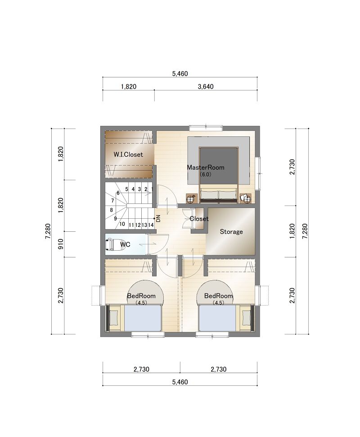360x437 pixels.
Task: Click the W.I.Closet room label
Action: point(128,154)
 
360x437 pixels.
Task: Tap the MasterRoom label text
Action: point(205,167)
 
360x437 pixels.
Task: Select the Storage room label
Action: point(231,232)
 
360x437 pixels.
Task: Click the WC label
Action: point(125,244)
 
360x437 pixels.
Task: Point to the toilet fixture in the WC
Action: point(111,244)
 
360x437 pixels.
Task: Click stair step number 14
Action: point(151,225)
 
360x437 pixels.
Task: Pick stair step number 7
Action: point(112,201)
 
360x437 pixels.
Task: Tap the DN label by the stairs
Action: point(158,219)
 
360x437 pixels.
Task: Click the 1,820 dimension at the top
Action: point(129,87)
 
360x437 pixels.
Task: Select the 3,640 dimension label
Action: point(206,87)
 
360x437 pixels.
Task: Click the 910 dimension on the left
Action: point(61,244)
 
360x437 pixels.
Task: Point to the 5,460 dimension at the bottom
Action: point(180,382)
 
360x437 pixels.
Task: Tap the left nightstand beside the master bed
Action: point(192,199)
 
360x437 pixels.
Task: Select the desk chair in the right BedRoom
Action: point(246,318)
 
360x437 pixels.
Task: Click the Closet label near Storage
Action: point(199,219)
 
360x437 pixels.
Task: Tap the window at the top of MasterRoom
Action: point(206,128)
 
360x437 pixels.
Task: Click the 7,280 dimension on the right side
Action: point(305,231)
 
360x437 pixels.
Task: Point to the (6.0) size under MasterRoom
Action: point(206,175)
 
